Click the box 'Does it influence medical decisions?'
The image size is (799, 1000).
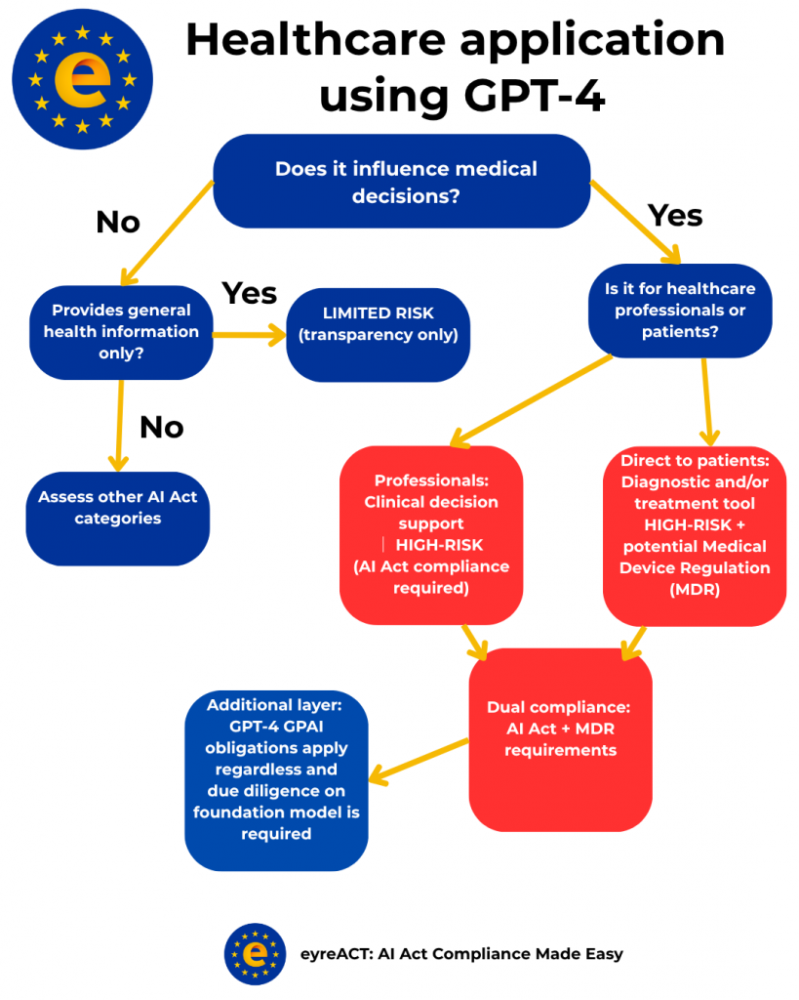(401, 181)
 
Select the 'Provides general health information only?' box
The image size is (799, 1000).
(121, 332)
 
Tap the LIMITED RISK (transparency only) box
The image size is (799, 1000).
(378, 325)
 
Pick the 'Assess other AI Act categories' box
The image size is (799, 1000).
(117, 508)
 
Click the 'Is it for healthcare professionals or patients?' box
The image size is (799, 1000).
(680, 311)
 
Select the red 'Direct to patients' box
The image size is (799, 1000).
(695, 536)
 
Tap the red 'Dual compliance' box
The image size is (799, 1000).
(560, 740)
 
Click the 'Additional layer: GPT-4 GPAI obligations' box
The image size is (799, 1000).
(276, 779)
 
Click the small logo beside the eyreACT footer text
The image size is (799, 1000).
(255, 953)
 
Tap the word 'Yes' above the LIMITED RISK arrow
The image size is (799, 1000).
(249, 293)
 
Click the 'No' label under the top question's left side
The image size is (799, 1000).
(118, 223)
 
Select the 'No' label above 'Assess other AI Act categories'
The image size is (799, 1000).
(162, 427)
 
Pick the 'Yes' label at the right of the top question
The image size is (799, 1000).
(675, 215)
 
